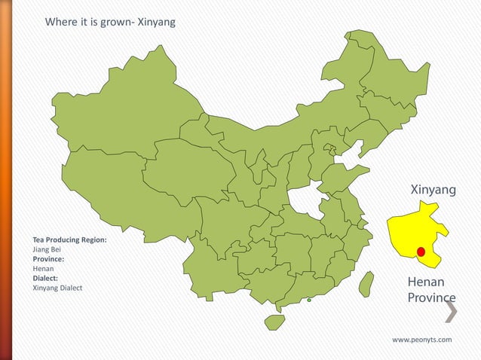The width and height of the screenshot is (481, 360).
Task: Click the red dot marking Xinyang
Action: click(x=421, y=252)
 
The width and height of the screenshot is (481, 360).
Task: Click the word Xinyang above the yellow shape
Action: click(x=434, y=190)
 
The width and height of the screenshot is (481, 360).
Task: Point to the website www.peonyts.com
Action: click(x=422, y=340)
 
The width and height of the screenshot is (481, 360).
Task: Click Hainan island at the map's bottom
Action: click(x=274, y=322)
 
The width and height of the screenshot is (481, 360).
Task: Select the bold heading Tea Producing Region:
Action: click(x=69, y=239)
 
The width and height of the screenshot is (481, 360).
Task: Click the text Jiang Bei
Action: click(x=47, y=249)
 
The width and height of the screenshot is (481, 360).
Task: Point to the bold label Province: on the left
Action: click(x=48, y=258)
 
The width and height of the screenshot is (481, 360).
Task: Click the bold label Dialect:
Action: click(x=45, y=278)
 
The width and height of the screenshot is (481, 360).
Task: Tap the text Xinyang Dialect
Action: click(x=57, y=288)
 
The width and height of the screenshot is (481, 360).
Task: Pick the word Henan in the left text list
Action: click(x=43, y=268)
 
